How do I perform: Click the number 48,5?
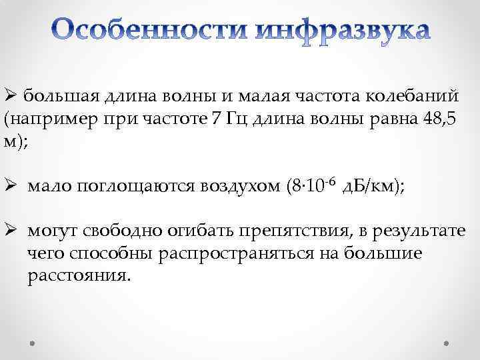coord(440,120)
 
